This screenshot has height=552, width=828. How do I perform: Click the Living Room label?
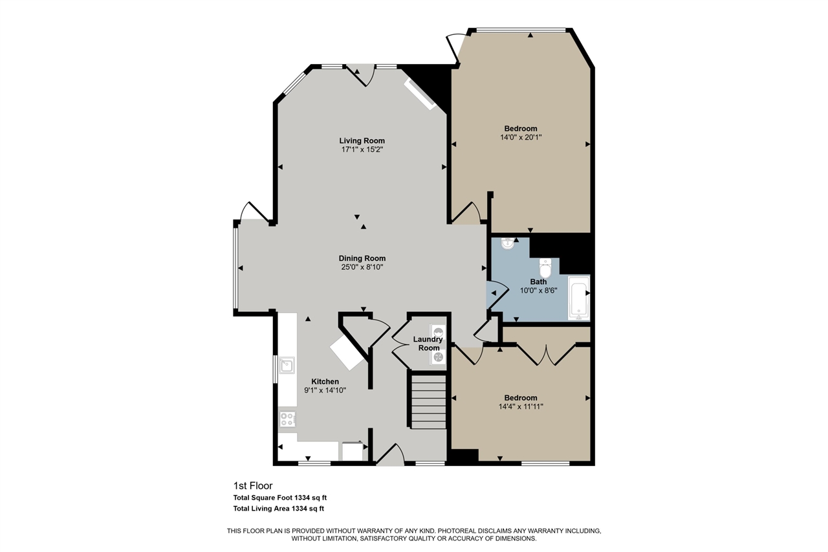click(x=362, y=140)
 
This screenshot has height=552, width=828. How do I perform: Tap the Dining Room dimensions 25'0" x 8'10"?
click(x=362, y=267)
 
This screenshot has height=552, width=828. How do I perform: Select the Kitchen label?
click(x=325, y=381)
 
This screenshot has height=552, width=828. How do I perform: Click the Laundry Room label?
click(x=428, y=344)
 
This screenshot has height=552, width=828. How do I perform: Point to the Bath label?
click(x=538, y=282)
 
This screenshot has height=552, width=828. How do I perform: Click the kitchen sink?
click(x=285, y=366)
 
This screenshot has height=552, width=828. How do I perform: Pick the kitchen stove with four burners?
click(x=287, y=419)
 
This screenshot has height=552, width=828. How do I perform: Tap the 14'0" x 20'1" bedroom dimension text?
click(x=520, y=137)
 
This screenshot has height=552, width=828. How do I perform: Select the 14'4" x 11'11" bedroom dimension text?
click(x=520, y=406)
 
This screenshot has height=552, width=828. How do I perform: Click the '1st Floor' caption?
click(x=253, y=485)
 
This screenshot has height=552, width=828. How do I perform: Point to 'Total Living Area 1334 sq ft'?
click(x=278, y=509)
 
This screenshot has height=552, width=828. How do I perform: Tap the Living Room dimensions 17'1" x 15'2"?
click(x=362, y=149)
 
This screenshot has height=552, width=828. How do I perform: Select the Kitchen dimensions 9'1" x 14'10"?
click(x=325, y=390)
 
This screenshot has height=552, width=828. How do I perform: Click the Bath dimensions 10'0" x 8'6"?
click(x=538, y=291)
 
